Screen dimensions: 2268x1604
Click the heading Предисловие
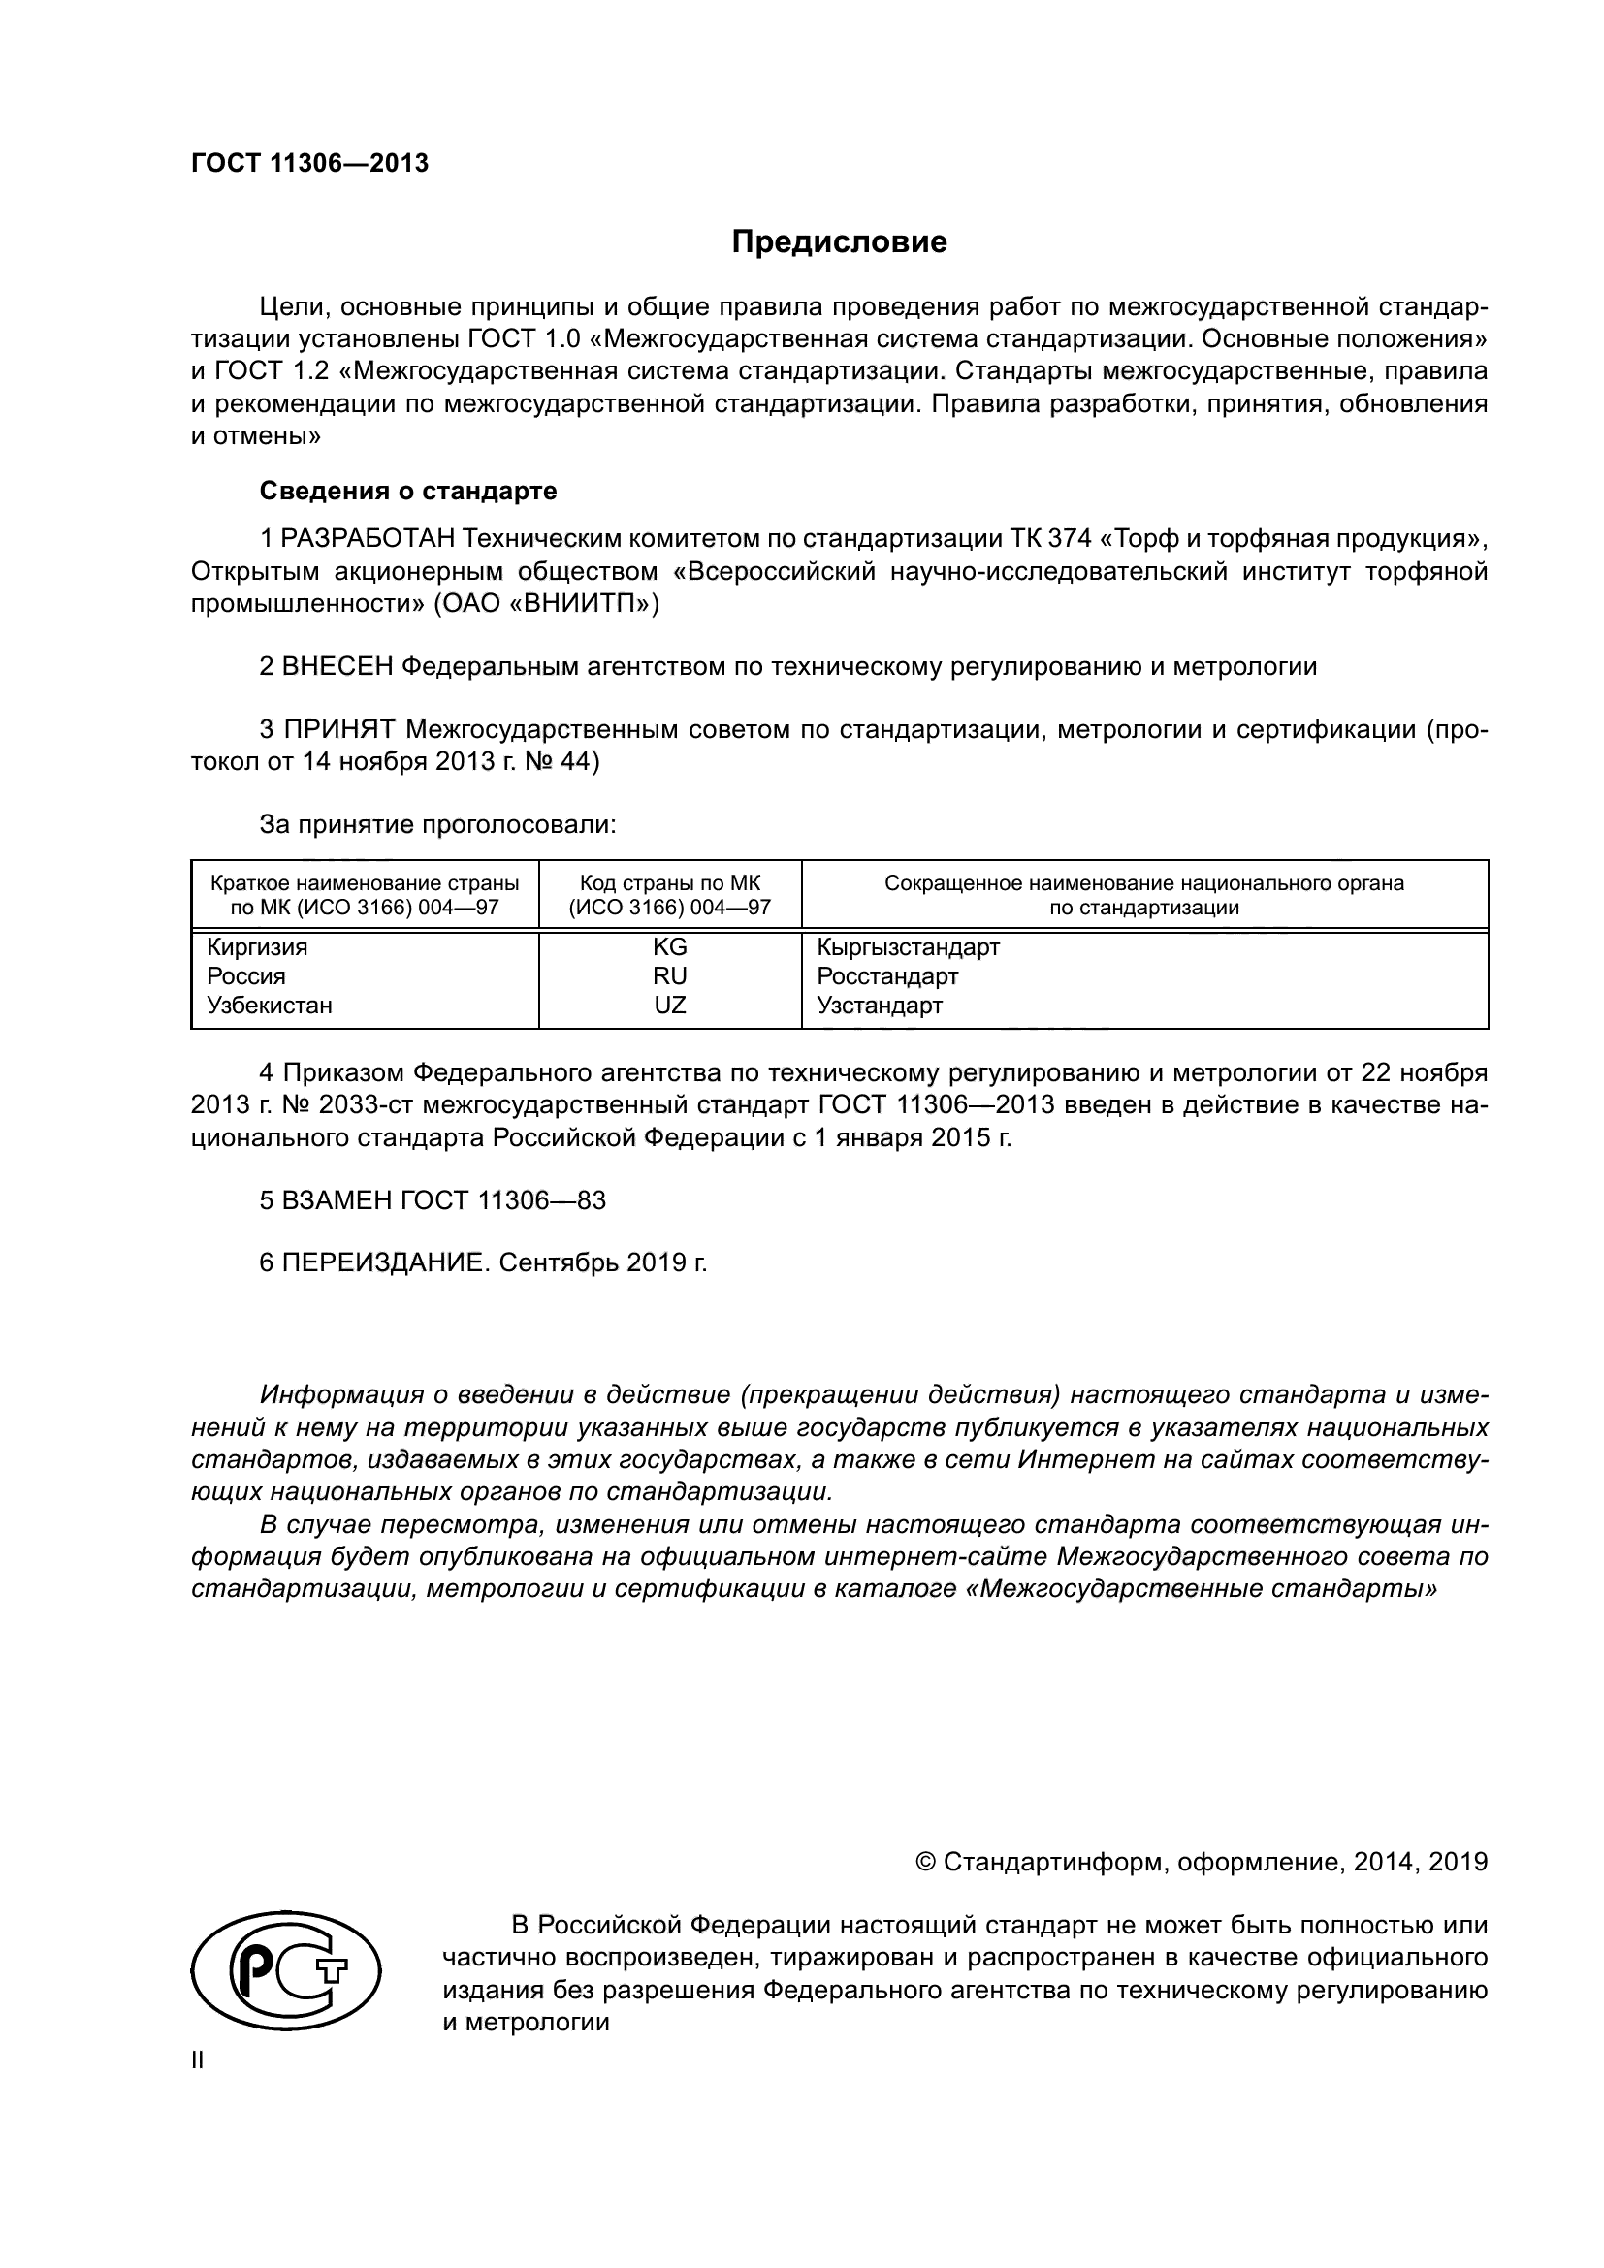point(839,242)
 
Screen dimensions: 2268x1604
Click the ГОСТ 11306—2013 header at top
point(309,164)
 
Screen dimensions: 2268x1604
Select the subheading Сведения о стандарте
point(407,491)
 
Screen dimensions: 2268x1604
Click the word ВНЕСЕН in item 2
point(337,667)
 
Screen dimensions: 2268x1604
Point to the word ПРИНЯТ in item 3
point(338,730)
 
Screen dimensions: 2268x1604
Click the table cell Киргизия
point(257,947)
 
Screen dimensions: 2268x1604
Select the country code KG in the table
point(670,947)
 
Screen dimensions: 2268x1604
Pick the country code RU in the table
point(670,976)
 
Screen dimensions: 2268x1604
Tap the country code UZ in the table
point(670,1006)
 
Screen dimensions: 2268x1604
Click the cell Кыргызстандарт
point(908,947)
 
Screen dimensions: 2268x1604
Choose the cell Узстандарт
point(879,1006)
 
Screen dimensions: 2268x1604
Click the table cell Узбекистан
point(269,1006)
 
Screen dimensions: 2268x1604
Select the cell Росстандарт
point(887,976)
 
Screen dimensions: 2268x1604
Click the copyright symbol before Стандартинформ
point(926,1862)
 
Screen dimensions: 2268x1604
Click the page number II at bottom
point(198,2060)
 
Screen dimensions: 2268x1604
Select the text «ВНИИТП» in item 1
point(593,603)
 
